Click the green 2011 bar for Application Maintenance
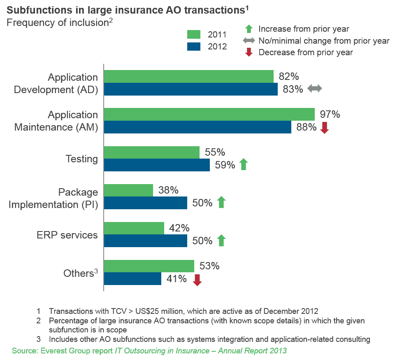209,114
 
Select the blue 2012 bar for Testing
157,165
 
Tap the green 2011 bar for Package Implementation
128,190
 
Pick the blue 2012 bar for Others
132,279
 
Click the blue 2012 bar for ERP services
145,241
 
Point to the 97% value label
330,114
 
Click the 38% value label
168,190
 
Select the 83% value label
293,89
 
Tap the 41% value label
177,279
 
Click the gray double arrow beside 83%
315,89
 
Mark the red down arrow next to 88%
325,128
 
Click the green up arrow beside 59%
243,165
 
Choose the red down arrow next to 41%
197,280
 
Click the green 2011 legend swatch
194,34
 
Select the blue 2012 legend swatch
194,46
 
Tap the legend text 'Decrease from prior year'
305,52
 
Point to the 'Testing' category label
82,159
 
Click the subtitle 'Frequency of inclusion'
57,23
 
